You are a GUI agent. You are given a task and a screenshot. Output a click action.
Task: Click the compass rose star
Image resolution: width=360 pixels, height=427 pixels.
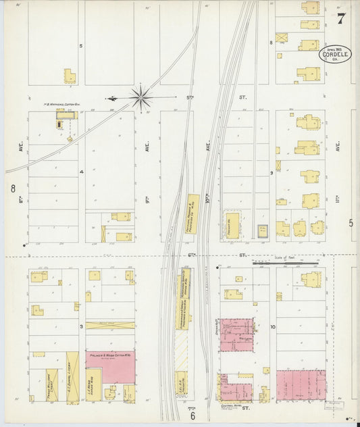coord(141,97)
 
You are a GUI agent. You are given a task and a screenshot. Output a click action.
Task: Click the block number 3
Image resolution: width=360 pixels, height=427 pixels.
coord(81,326)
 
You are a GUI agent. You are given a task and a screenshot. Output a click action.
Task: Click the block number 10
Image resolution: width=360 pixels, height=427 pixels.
coord(272,326)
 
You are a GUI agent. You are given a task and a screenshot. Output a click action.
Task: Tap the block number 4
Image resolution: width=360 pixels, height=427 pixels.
coord(81,172)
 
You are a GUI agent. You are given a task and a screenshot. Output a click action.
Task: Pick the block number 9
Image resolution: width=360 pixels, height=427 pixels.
coord(272,173)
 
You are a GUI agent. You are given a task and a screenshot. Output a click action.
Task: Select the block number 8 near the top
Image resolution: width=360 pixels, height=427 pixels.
coord(272,43)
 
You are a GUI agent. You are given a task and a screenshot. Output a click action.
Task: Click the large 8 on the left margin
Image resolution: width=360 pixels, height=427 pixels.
coord(12,188)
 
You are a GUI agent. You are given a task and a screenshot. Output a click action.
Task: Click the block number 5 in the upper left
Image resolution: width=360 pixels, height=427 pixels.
coord(81,46)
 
